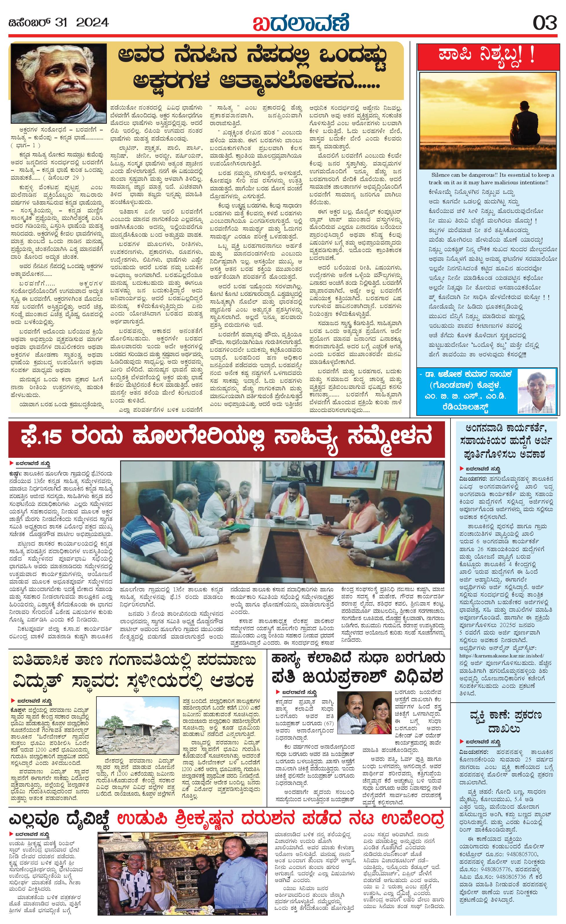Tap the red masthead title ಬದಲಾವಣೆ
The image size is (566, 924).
(301, 23)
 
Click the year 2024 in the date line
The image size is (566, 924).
(92, 23)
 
